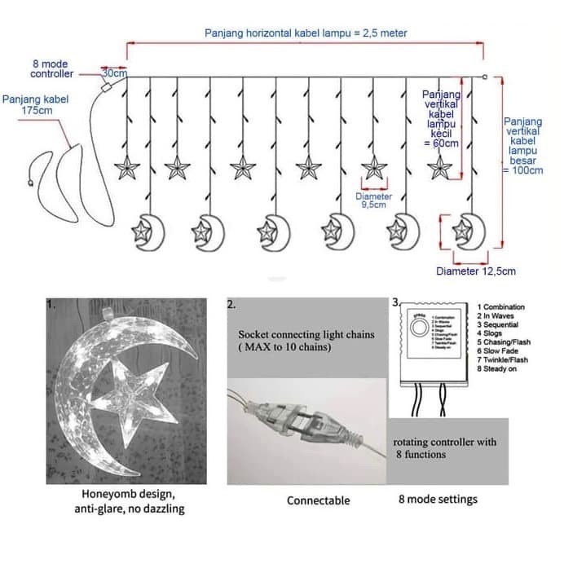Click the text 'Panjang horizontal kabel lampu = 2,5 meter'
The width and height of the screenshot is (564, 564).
pyautogui.click(x=305, y=33)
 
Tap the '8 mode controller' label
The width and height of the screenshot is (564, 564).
pyautogui.click(x=50, y=68)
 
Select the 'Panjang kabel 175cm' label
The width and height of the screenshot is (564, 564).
pyautogui.click(x=35, y=104)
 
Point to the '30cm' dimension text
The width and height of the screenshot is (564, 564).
pyautogui.click(x=114, y=73)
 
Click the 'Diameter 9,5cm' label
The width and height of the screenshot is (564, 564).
pyautogui.click(x=373, y=200)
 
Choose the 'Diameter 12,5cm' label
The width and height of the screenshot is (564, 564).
pyautogui.click(x=476, y=271)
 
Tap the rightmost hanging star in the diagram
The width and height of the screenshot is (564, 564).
pyautogui.click(x=440, y=168)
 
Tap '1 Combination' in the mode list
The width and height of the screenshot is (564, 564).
pyautogui.click(x=501, y=307)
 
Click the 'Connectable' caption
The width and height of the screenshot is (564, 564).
pyautogui.click(x=318, y=500)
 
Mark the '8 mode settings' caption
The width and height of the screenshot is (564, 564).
pyautogui.click(x=438, y=499)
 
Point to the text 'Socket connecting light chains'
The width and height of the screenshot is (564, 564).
pyautogui.click(x=306, y=335)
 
